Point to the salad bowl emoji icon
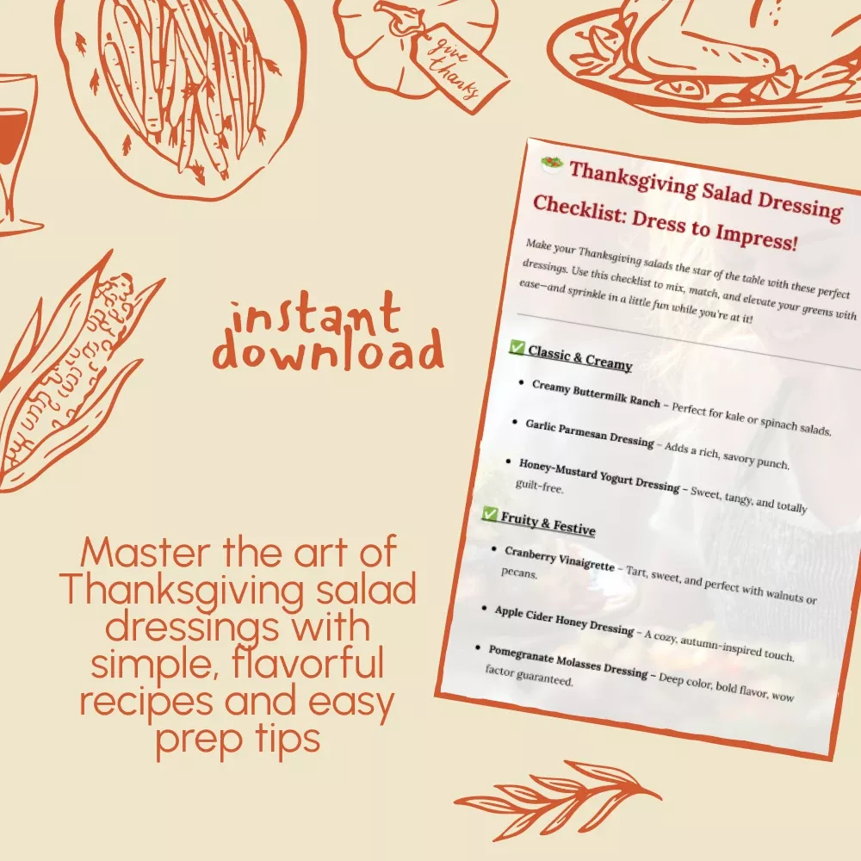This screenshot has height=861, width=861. click(551, 163)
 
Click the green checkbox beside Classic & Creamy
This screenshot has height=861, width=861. click(517, 347)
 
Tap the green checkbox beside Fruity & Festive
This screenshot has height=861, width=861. click(489, 513)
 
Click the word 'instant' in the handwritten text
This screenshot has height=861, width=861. click(315, 314)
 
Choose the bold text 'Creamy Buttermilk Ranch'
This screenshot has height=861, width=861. click(596, 393)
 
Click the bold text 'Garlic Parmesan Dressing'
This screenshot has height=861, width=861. click(590, 433)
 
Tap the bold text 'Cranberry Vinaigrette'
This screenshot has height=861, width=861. click(559, 558)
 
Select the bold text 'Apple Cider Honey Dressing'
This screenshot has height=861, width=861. click(564, 620)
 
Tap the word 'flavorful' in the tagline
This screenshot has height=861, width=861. click(307, 663)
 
